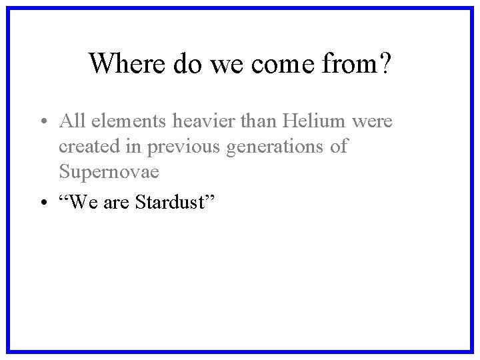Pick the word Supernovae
click(109, 172)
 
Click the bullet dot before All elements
click(42, 122)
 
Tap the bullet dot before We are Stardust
click(42, 202)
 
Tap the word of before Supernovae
click(339, 147)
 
